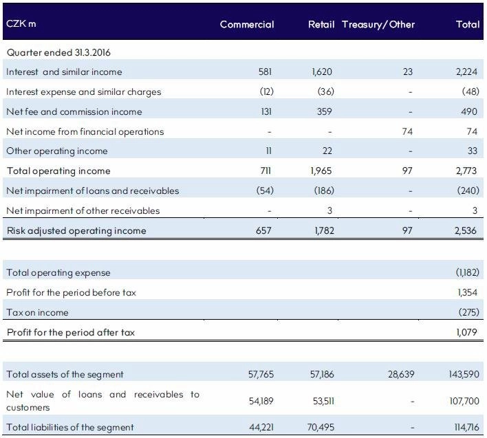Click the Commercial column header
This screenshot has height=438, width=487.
click(247, 25)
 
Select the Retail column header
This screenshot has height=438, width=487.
click(321, 25)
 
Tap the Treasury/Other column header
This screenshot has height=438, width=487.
click(378, 25)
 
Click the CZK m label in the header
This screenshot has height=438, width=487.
click(21, 23)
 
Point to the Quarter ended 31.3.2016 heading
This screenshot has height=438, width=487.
click(58, 52)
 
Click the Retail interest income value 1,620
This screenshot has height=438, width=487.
click(322, 72)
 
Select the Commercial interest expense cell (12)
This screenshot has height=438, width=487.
click(266, 91)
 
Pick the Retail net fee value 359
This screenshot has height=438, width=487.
click(324, 111)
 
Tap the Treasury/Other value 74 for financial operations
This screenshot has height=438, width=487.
click(407, 131)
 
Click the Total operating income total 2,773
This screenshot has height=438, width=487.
click(466, 171)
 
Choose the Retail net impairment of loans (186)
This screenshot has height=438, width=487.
click(324, 190)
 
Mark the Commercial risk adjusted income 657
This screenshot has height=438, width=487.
click(263, 230)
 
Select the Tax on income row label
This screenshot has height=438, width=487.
click(37, 312)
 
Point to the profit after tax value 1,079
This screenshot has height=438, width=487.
click(466, 332)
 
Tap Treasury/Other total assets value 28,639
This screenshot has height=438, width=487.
click(401, 374)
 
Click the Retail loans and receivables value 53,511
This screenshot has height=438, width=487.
click(323, 401)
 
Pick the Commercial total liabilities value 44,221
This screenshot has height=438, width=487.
click(261, 427)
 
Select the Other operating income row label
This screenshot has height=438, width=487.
click(57, 151)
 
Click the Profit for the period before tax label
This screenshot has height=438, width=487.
click(71, 292)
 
